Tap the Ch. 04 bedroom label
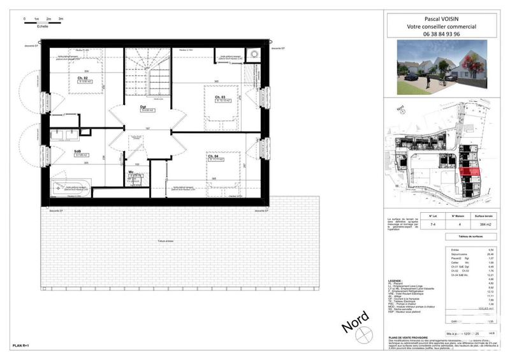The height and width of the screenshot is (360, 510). coord(213,155)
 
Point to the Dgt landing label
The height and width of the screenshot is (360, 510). coord(143,107)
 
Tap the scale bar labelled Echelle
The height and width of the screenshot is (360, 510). coord(42,20)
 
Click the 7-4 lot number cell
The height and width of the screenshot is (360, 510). coord(433,225)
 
